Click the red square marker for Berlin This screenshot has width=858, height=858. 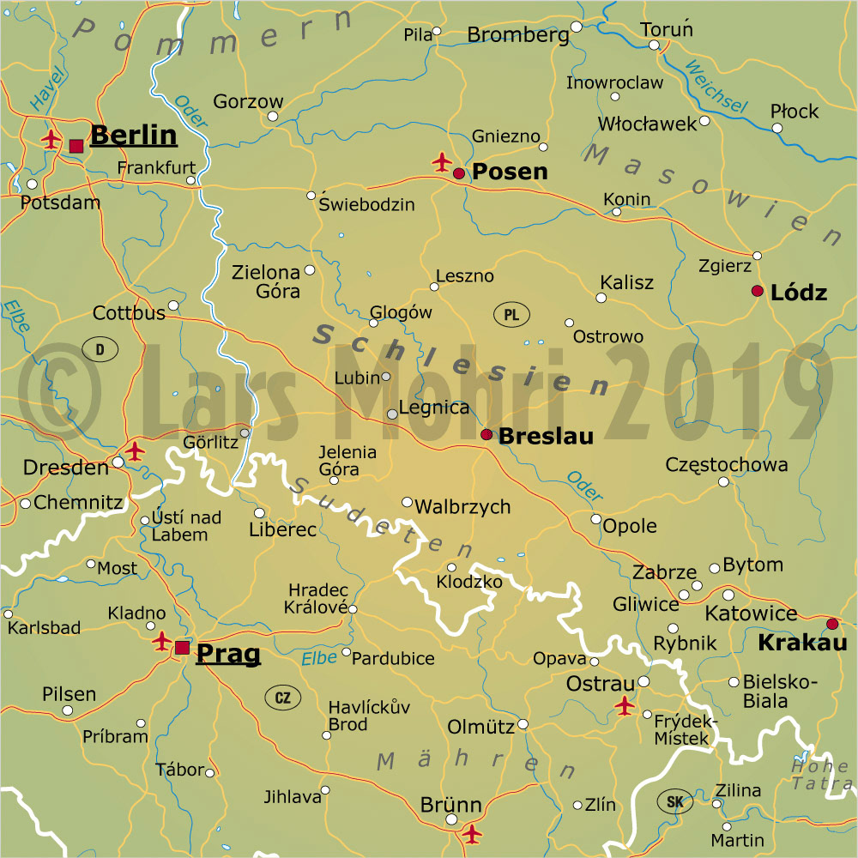[76, 146]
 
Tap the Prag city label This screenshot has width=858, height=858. [228, 654]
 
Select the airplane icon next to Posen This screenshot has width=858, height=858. [442, 161]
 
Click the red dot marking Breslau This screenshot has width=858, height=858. [486, 435]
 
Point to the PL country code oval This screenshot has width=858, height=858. [511, 315]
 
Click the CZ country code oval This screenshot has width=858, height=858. [282, 698]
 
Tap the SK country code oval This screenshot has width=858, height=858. [674, 803]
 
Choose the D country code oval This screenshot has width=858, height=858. [100, 349]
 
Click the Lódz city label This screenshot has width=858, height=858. [799, 293]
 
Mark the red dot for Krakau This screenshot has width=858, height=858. [831, 624]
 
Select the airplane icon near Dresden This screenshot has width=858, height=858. [135, 450]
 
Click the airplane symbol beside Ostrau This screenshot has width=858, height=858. [625, 706]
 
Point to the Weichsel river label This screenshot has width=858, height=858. [716, 88]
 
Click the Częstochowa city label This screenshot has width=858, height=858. [727, 465]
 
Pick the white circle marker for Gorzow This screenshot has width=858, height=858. [273, 116]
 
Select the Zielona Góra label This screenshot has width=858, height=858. [266, 281]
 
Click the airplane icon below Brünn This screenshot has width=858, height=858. [471, 832]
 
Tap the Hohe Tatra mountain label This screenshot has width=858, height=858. [822, 775]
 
